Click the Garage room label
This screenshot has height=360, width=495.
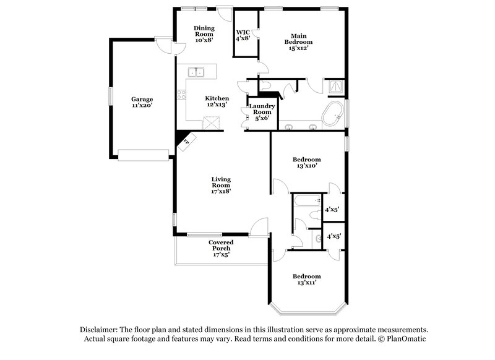pos(142,102)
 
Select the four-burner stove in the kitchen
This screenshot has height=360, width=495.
pos(181,95)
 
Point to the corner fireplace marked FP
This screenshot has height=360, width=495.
pos(186,143)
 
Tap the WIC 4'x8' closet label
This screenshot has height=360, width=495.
pos(243,35)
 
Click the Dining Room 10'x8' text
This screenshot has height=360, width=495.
pos(204,34)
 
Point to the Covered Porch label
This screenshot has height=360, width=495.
pos(220,248)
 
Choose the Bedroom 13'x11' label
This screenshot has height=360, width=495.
pos(306,279)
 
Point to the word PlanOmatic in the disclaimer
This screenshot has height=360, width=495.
pos(407,339)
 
